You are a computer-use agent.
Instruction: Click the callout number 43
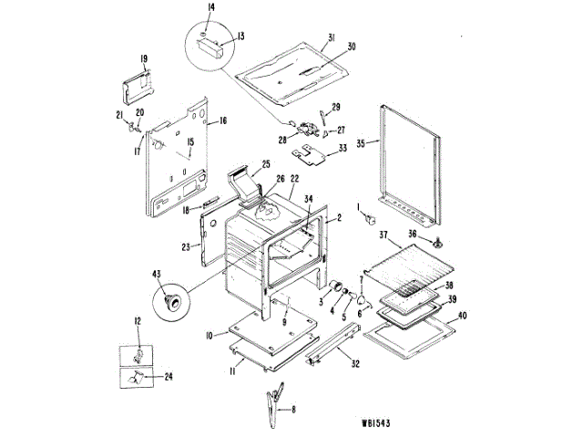[157, 274]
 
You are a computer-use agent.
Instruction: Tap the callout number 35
[361, 144]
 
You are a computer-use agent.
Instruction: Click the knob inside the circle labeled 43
[170, 300]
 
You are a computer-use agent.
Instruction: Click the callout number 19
[144, 59]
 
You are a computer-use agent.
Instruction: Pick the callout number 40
[463, 316]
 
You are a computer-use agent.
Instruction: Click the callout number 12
[138, 320]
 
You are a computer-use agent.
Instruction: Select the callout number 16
[222, 120]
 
